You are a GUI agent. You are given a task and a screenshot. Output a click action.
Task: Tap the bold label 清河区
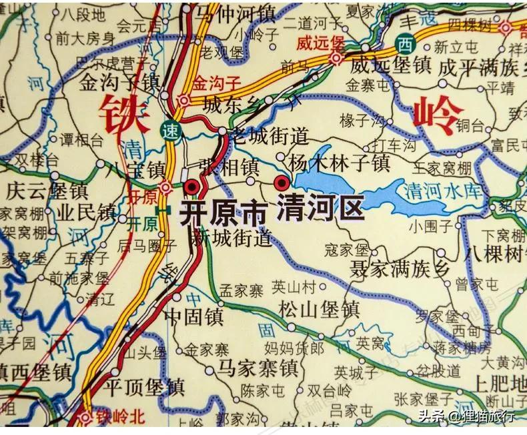[321, 207]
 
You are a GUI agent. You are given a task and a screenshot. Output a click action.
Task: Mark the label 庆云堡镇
[46, 190]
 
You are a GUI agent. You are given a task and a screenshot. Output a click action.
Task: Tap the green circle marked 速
[172, 132]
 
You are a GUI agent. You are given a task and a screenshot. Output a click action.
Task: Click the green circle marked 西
[403, 45]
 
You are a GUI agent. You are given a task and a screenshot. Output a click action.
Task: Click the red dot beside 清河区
[282, 183]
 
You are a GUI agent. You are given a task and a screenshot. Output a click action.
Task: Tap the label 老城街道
[268, 137]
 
